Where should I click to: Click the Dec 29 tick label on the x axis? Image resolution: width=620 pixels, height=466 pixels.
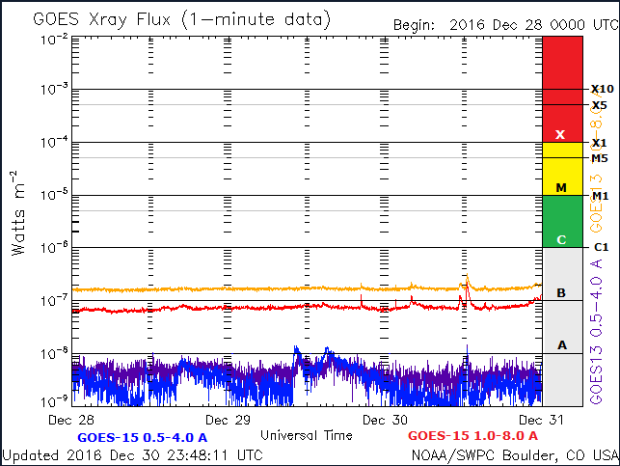point(229,420)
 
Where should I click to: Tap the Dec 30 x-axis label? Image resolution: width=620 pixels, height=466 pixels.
point(385,420)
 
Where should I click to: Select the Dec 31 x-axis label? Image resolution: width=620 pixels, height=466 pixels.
point(541,420)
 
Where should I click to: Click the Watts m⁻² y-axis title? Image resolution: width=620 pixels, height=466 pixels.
point(18,212)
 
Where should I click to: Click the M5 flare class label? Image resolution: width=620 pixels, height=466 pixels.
point(600,158)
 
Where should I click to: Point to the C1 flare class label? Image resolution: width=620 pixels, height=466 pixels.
point(600,248)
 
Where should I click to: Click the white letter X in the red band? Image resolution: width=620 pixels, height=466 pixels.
point(560,134)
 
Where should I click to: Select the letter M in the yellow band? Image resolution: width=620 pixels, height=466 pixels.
point(560,187)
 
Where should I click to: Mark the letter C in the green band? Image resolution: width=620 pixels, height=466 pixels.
point(560,239)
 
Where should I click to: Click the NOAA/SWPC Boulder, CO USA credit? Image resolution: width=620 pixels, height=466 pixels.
point(515,454)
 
